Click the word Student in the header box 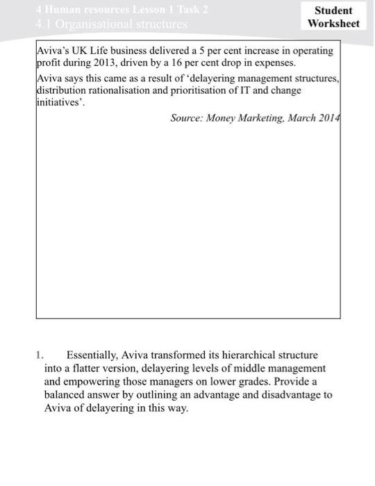[333, 10]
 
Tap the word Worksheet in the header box [333, 24]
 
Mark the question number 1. [40, 355]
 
